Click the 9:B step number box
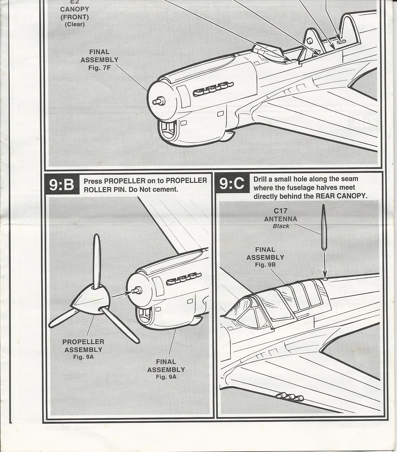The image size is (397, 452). [62, 185]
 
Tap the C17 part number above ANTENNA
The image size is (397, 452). [280, 211]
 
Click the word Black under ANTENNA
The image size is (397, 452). [281, 226]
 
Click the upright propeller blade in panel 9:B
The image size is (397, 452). [97, 260]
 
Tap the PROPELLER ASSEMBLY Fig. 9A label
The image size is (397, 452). [83, 349]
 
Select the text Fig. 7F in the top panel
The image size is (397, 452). [100, 68]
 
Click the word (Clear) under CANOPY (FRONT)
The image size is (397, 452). [75, 24]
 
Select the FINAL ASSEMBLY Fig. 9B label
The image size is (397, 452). [265, 257]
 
